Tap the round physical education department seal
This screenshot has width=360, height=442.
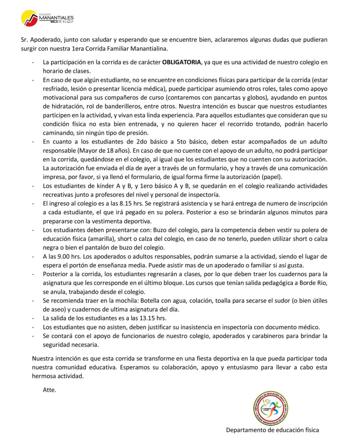coord(271,408)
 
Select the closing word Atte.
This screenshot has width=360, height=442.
coord(49,390)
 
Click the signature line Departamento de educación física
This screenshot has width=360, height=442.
coord(272,430)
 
